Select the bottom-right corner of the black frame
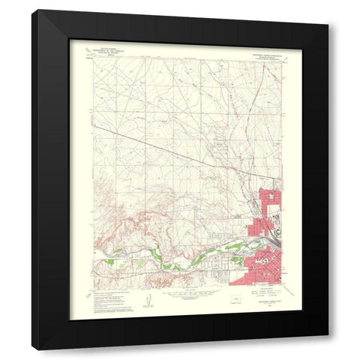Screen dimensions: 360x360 pos(328,349)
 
